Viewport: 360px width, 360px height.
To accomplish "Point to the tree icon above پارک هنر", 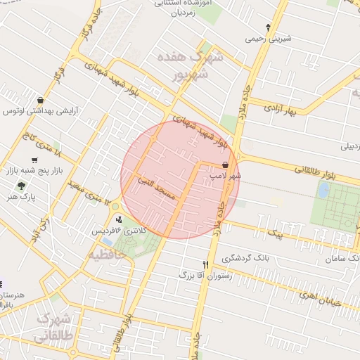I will coord(21,186).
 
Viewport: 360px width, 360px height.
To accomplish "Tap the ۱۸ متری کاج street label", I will coord(42,143).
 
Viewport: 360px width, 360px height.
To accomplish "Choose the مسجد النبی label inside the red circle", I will coord(161,182).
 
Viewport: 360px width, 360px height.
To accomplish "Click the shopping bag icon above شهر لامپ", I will coord(225,165).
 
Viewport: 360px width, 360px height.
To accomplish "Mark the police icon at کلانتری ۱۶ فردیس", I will coord(117,219).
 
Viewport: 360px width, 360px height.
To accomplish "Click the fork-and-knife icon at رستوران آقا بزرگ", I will coord(206,264).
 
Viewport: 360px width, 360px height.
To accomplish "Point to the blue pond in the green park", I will coord(323,189).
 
